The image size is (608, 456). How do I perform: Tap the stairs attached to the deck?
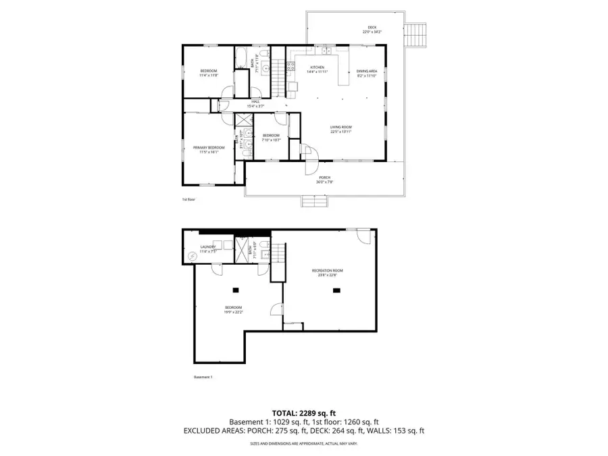click(417, 35)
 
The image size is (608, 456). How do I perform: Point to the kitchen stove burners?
click(291, 66)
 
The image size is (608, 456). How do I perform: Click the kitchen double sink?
click(326, 50)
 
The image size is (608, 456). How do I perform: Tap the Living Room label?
click(340, 128)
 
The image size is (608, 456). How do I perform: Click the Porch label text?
click(325, 180)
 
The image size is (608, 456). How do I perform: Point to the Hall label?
click(255, 103)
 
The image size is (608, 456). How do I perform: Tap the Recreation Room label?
click(324, 272)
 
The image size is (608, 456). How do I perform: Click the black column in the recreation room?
click(336, 290)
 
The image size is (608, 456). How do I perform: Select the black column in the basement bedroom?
click(236, 290)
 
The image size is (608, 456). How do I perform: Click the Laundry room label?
click(208, 248)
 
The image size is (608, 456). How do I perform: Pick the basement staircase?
click(277, 257)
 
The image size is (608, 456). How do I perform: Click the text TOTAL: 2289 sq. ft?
click(303, 412)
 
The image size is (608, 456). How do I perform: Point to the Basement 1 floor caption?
click(203, 378)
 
